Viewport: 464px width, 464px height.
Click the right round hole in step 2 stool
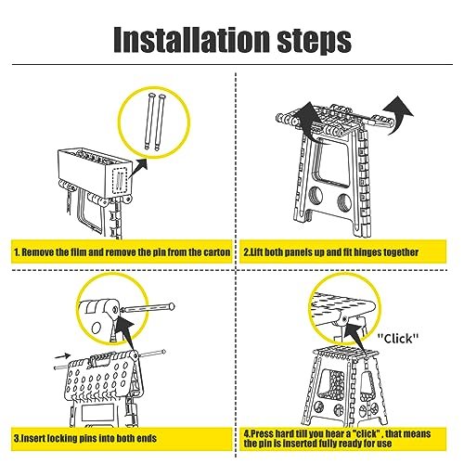click(343, 201)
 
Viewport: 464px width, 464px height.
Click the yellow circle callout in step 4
click(345, 310)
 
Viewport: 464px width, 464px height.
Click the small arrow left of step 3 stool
click(63, 354)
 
